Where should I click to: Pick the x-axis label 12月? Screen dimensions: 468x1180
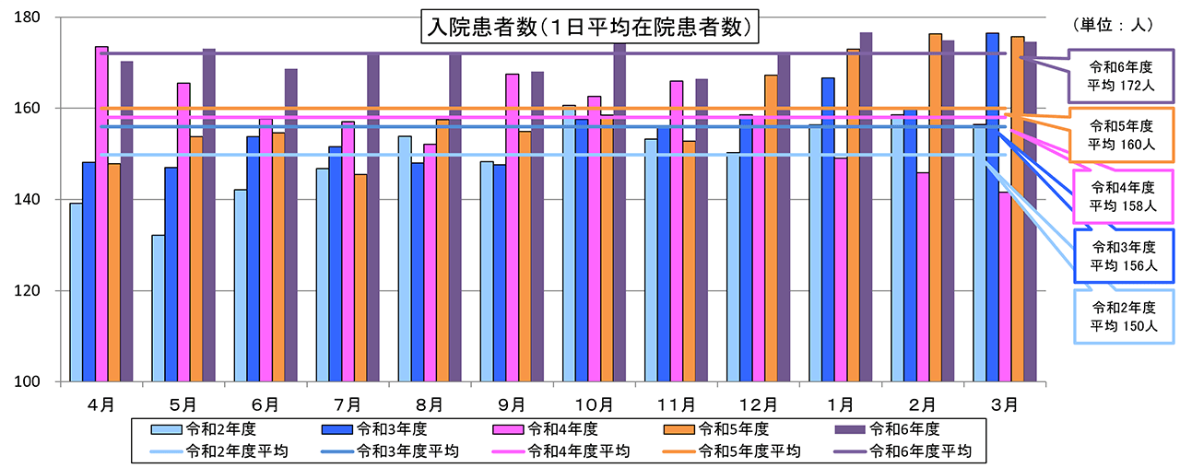point(759,404)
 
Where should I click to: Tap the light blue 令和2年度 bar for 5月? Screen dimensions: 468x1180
point(159,308)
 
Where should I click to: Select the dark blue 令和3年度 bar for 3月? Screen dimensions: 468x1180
point(992,207)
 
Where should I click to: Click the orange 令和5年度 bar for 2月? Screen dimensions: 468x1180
point(935,207)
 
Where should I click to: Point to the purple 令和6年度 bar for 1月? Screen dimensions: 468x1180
point(866,207)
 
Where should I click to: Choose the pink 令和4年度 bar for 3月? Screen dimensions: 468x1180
point(1005,287)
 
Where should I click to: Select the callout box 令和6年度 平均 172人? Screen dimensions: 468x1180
point(1121,76)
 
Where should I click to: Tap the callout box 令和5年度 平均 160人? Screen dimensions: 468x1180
point(1121,134)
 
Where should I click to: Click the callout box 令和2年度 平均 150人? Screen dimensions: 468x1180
point(1121,316)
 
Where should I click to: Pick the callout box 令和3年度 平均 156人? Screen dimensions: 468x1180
point(1121,256)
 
